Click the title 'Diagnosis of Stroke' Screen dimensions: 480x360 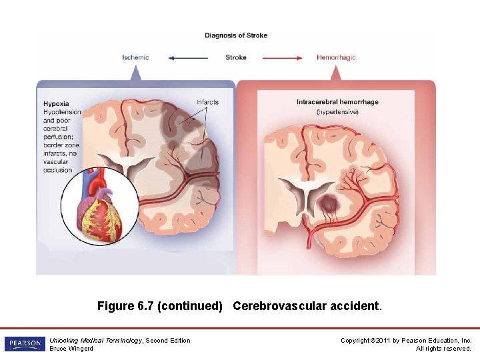[x=236, y=35]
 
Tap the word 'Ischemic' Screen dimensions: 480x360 [x=135, y=57]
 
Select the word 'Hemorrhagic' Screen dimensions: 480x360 [x=336, y=57]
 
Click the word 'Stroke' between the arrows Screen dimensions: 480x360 [x=236, y=57]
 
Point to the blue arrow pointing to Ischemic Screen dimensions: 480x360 [x=188, y=58]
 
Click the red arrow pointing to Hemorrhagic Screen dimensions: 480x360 [x=283, y=58]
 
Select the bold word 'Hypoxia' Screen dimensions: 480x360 [x=56, y=103]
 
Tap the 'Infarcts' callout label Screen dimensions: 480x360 [x=207, y=102]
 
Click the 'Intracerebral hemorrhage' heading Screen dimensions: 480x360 [x=337, y=102]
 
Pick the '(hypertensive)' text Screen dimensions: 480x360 [x=337, y=111]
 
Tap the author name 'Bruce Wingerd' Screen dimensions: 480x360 [x=71, y=349]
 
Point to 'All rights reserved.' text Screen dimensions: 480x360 [x=443, y=349]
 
